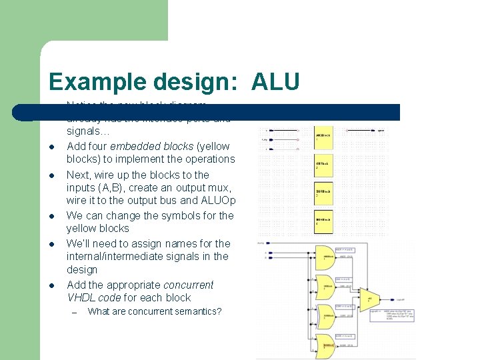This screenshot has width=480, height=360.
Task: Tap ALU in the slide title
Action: point(275,81)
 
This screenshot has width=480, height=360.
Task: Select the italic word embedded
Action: point(133,146)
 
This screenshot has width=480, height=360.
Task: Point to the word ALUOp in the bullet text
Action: point(219,201)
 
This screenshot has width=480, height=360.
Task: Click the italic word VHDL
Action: point(81,297)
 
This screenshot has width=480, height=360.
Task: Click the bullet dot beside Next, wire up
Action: point(51,175)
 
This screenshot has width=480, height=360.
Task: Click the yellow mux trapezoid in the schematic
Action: point(369,300)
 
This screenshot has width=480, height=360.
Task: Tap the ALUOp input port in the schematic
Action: point(261,243)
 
